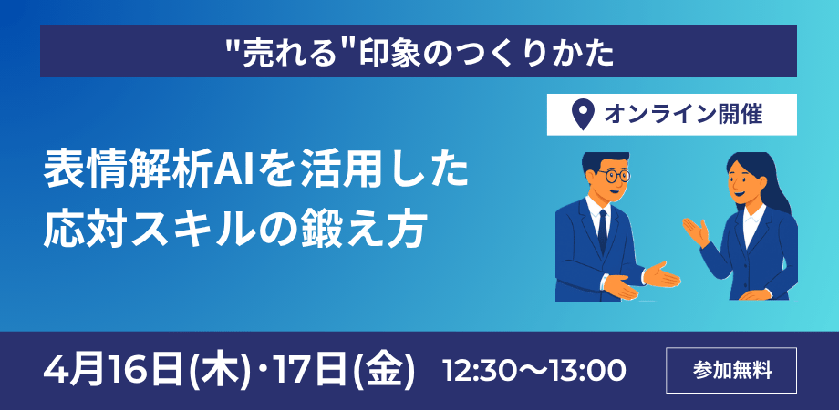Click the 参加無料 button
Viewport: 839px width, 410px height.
coord(731,371)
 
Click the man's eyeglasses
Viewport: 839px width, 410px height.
coord(611,175)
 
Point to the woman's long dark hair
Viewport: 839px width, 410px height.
coord(762,187)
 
